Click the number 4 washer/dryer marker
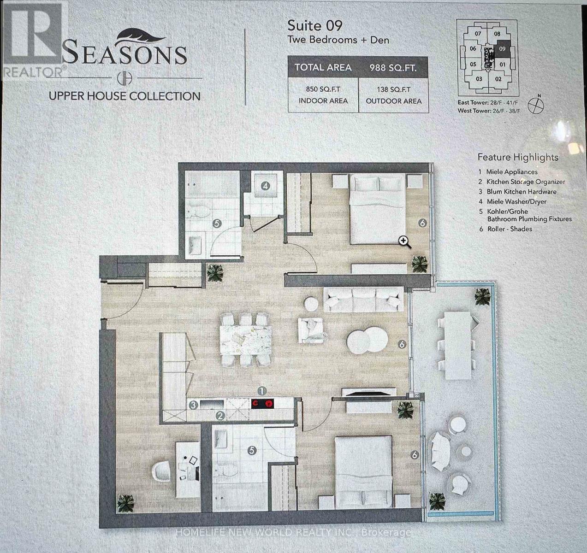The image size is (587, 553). tap(265, 186)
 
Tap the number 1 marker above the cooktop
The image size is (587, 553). tap(262, 391)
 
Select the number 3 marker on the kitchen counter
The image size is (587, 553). tap(194, 405)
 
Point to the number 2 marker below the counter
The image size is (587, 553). tap(220, 416)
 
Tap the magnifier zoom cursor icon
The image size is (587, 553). tap(405, 241)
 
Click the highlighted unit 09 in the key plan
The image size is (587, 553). tap(502, 48)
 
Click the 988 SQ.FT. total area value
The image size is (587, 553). tap(393, 68)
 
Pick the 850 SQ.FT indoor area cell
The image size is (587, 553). tap(323, 95)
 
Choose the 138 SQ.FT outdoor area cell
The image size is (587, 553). tap(393, 95)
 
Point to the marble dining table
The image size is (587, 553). tap(245, 340)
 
